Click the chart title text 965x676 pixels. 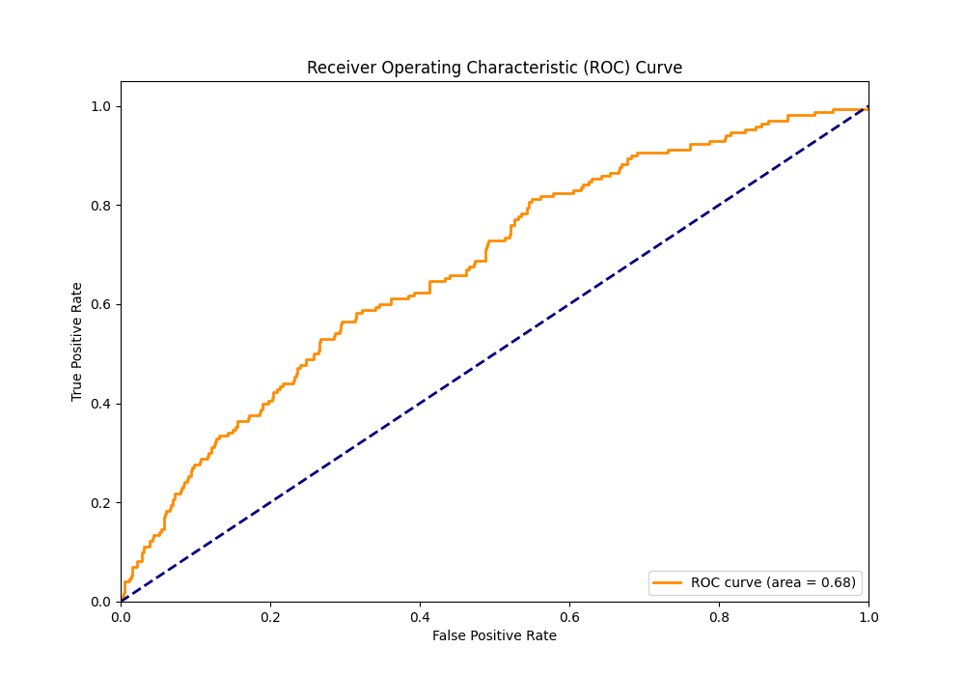[494, 68]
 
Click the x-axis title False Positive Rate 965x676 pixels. [494, 635]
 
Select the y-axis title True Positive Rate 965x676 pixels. [77, 342]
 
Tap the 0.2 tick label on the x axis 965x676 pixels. [270, 616]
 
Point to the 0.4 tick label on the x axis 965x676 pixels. [420, 616]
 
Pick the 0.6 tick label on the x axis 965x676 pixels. [569, 616]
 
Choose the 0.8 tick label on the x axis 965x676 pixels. [719, 616]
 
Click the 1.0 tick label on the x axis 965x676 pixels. [868, 616]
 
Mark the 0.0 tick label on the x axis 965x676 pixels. [121, 616]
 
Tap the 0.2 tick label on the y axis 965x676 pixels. [101, 503]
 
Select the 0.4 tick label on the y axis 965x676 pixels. [101, 404]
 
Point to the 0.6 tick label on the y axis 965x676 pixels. [101, 304]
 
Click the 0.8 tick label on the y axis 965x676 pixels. [101, 206]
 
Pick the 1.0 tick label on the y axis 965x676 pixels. [101, 106]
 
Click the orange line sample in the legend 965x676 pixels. [668, 582]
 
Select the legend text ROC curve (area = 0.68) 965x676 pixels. [773, 582]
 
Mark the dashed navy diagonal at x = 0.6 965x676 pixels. [569, 304]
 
